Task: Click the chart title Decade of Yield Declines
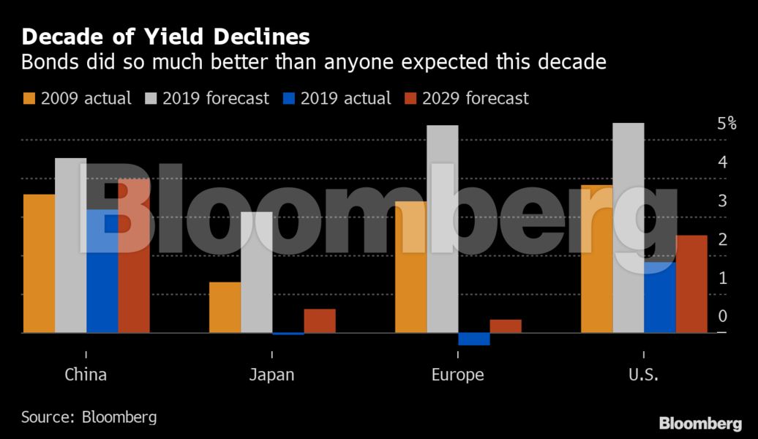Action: click(165, 37)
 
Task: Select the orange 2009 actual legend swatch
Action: click(30, 98)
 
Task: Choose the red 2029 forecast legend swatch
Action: click(409, 98)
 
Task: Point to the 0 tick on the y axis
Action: click(722, 316)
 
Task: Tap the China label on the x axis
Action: click(86, 375)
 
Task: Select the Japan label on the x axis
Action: click(271, 375)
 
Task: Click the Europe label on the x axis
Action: click(457, 375)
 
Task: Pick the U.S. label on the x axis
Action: click(643, 375)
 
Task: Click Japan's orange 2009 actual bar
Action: click(225, 307)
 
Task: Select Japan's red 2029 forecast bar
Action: click(320, 321)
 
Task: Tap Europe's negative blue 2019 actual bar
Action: click(474, 339)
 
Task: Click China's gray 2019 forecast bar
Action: click(70, 245)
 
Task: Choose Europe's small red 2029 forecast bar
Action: click(506, 326)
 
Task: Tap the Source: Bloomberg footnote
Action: click(89, 417)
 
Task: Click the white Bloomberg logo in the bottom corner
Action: click(700, 423)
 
